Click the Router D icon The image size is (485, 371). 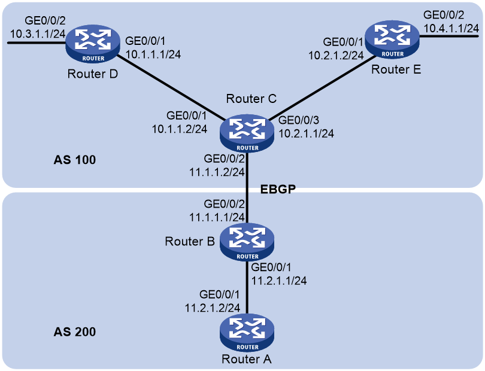93,44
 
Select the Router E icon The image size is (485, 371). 392,39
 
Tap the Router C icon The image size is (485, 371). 247,133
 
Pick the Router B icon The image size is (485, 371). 247,242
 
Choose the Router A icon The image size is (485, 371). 247,333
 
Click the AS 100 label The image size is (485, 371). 74,160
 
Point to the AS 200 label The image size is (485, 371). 74,332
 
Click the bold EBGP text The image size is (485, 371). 278,189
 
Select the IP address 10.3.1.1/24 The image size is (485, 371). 38,34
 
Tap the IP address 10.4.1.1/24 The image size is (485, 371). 451,29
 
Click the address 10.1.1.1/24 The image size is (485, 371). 153,54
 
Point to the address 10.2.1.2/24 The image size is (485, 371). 336,55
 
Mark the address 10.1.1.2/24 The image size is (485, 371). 180,129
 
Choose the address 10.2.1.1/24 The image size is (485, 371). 306,133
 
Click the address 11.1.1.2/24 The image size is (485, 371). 217,172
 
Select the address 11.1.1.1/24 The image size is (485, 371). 217,217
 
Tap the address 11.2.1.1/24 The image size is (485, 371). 278,281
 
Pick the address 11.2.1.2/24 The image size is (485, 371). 213,308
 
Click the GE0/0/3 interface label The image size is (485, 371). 299,120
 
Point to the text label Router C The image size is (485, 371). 251,99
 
